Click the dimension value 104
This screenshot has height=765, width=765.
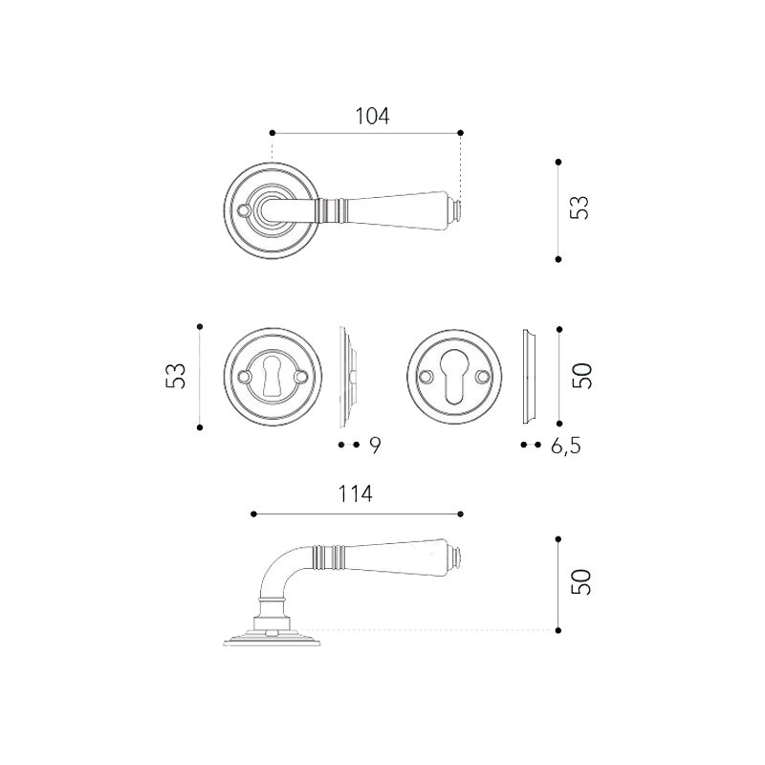tap(372, 116)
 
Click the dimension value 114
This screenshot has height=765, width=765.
tap(355, 493)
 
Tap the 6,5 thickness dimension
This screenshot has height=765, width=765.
tap(566, 446)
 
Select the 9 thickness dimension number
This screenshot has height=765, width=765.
tap(375, 445)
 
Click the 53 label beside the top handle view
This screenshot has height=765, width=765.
tap(580, 208)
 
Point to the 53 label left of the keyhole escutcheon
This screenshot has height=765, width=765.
tap(176, 376)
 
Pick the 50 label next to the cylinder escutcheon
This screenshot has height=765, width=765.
tap(582, 376)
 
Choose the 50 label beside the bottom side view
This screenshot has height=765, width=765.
tap(581, 582)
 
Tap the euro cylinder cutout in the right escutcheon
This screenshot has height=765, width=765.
tap(453, 376)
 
